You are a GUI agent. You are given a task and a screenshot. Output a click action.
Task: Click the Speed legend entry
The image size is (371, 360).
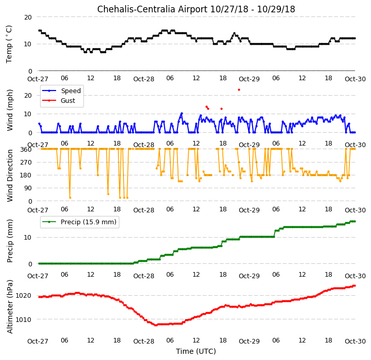(x=62, y=91)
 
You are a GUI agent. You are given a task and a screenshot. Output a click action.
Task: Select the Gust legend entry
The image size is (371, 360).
(x=59, y=100)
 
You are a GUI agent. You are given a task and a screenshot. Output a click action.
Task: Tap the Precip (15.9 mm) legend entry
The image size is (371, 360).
(x=79, y=222)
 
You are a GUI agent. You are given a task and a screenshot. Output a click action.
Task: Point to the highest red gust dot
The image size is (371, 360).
(x=239, y=89)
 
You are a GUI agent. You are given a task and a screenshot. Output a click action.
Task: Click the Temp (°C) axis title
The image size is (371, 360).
(x=9, y=44)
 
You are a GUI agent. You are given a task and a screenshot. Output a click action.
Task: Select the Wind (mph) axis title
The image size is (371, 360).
(x=10, y=110)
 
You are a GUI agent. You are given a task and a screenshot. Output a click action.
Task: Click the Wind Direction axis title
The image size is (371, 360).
(x=10, y=175)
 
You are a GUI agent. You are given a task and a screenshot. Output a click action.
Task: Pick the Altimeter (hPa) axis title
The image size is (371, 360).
(x=10, y=307)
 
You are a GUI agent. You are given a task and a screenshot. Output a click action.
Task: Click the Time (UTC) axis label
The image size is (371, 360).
(x=196, y=351)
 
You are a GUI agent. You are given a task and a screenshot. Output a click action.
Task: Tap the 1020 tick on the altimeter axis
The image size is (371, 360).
(x=23, y=296)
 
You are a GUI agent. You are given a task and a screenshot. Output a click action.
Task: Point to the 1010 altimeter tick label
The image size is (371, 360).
(x=23, y=319)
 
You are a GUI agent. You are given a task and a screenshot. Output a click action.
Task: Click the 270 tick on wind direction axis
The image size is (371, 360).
(x=27, y=163)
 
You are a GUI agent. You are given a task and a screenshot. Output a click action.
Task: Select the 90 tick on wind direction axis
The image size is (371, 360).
(x=28, y=188)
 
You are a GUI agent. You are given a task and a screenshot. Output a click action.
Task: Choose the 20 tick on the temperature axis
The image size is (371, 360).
(x=28, y=17)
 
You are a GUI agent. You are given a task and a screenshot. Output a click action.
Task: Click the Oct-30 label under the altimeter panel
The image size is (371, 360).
(x=355, y=341)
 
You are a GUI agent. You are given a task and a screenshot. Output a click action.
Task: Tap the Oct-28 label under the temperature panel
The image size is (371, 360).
(x=144, y=79)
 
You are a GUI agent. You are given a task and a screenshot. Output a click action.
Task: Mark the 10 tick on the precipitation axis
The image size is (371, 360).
(x=28, y=238)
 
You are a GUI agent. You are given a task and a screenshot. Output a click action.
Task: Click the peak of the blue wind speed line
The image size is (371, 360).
(x=182, y=114)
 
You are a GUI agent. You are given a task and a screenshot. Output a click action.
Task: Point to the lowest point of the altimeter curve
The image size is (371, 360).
(x=156, y=325)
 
